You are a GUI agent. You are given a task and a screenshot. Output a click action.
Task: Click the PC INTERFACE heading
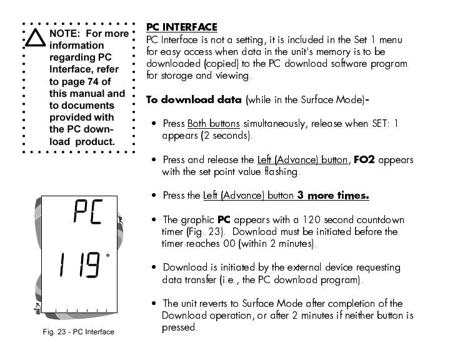tap(181, 27)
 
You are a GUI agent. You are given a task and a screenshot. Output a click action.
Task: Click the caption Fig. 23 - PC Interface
tap(74, 332)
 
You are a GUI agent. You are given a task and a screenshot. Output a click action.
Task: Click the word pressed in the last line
tap(179, 327)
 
